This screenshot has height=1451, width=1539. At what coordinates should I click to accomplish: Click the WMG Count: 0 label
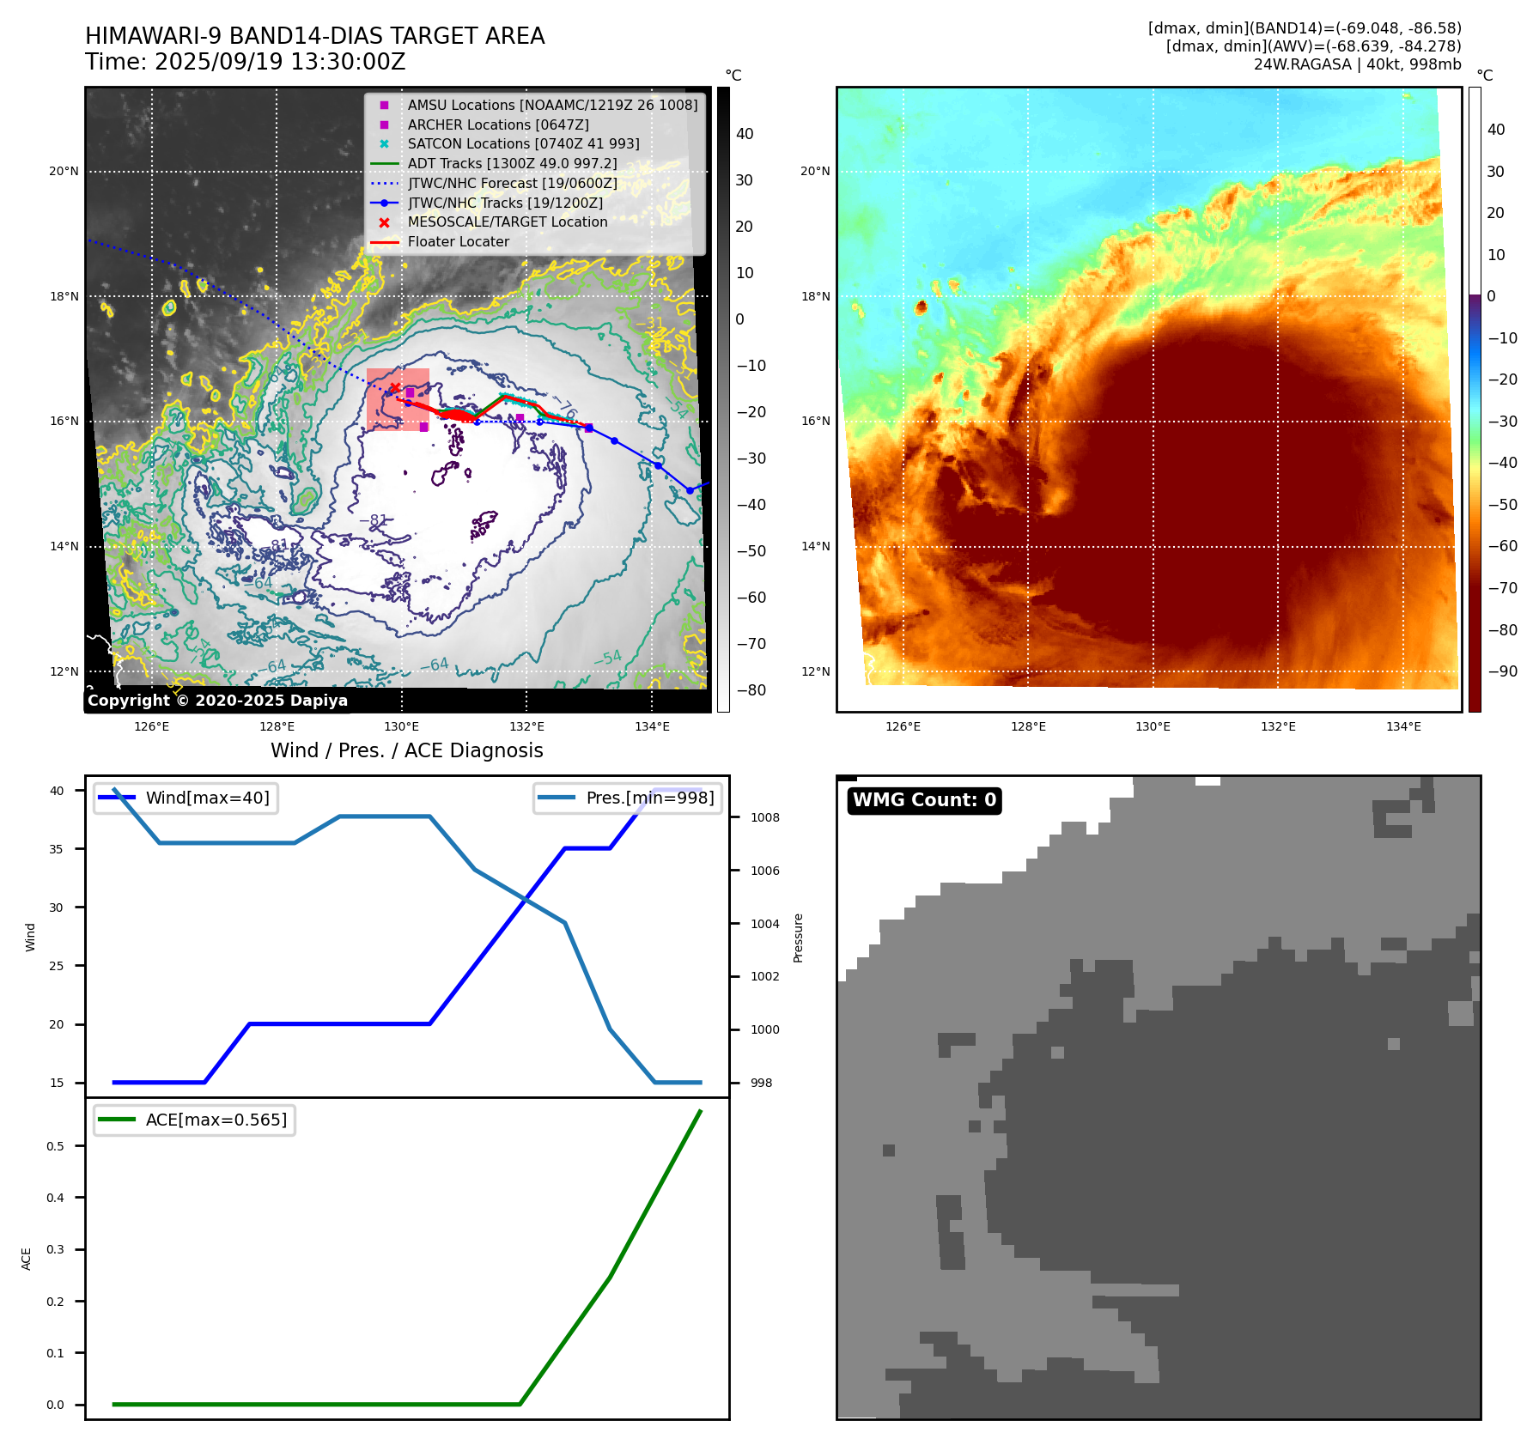point(924,800)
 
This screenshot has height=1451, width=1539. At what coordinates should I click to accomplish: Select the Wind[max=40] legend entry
point(207,798)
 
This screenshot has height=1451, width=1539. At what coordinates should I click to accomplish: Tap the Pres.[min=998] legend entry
point(649,798)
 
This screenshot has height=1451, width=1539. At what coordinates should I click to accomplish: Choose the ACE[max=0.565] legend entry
point(216,1120)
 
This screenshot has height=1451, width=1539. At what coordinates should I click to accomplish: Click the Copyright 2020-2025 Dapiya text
point(217,701)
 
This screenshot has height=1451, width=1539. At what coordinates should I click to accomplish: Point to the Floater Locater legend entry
point(458,241)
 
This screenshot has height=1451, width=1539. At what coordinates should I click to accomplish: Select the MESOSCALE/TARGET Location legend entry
point(507,222)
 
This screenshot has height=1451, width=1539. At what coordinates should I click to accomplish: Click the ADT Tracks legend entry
point(512,163)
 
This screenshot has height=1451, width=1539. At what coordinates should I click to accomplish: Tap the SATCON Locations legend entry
point(523,143)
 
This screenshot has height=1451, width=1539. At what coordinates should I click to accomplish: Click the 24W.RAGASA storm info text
point(1357,64)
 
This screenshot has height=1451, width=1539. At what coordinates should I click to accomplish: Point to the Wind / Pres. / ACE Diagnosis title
point(406,750)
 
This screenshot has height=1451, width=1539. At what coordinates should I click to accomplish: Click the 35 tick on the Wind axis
point(57,849)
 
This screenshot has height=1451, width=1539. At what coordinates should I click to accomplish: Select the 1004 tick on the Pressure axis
point(764,924)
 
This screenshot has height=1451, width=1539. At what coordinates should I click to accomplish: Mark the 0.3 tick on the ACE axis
point(56,1249)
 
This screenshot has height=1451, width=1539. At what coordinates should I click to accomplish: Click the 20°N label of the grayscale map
point(64,172)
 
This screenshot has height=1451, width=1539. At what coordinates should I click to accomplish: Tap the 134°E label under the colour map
point(1403,726)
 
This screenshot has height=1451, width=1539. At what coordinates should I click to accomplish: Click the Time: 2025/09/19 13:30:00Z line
point(245,62)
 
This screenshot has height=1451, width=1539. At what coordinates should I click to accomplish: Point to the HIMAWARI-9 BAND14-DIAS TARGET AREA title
point(314,36)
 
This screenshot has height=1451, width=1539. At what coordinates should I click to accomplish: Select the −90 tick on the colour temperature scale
point(1502,671)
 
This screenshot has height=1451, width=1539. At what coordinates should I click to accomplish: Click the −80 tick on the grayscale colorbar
point(751,690)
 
